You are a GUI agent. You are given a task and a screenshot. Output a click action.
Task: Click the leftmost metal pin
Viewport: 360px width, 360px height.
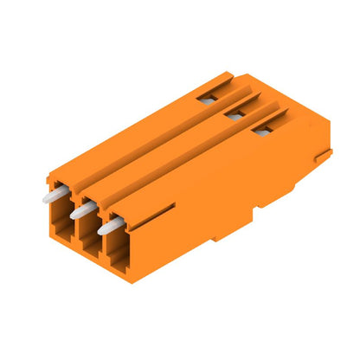52,196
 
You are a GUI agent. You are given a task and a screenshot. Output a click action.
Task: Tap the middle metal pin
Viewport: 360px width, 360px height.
80,210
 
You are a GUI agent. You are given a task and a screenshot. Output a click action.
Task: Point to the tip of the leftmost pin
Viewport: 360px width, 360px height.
45,198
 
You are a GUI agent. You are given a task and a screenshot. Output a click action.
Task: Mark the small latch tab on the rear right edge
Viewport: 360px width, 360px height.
324,157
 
